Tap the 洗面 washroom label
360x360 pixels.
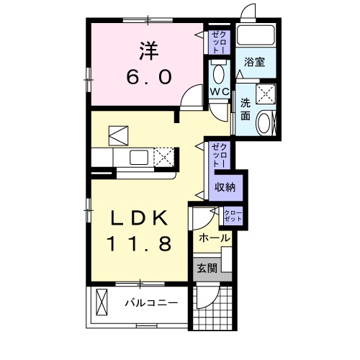coord(246,109)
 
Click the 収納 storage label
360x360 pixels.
coord(225,186)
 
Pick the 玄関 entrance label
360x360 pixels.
coord(207,269)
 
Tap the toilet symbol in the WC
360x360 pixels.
coord(219,72)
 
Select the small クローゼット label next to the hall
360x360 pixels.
coord(233,214)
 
